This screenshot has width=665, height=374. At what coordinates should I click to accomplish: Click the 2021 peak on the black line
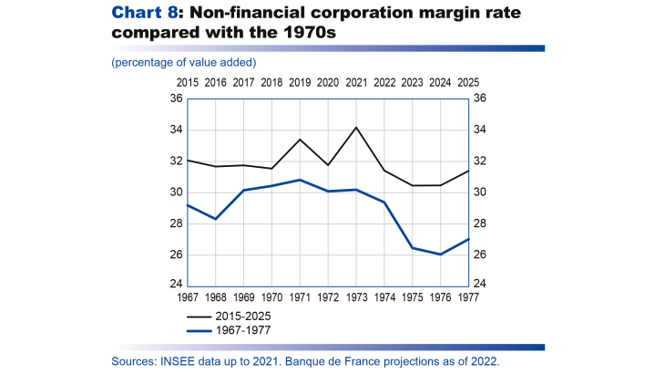click(x=356, y=127)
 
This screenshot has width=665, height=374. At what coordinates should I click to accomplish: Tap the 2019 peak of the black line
click(x=300, y=140)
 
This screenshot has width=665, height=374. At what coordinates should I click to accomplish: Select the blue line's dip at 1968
click(x=215, y=219)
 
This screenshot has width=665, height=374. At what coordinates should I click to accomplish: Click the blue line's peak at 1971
click(x=300, y=180)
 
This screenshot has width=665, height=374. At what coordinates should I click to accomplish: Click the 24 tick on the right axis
click(x=481, y=283)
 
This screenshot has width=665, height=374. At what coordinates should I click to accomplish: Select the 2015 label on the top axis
click(x=188, y=83)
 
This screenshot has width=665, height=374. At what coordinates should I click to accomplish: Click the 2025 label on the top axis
click(x=469, y=83)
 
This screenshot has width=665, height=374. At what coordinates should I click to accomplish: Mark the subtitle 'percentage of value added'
click(x=184, y=62)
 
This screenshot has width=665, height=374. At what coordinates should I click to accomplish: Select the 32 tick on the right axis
click(x=481, y=161)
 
